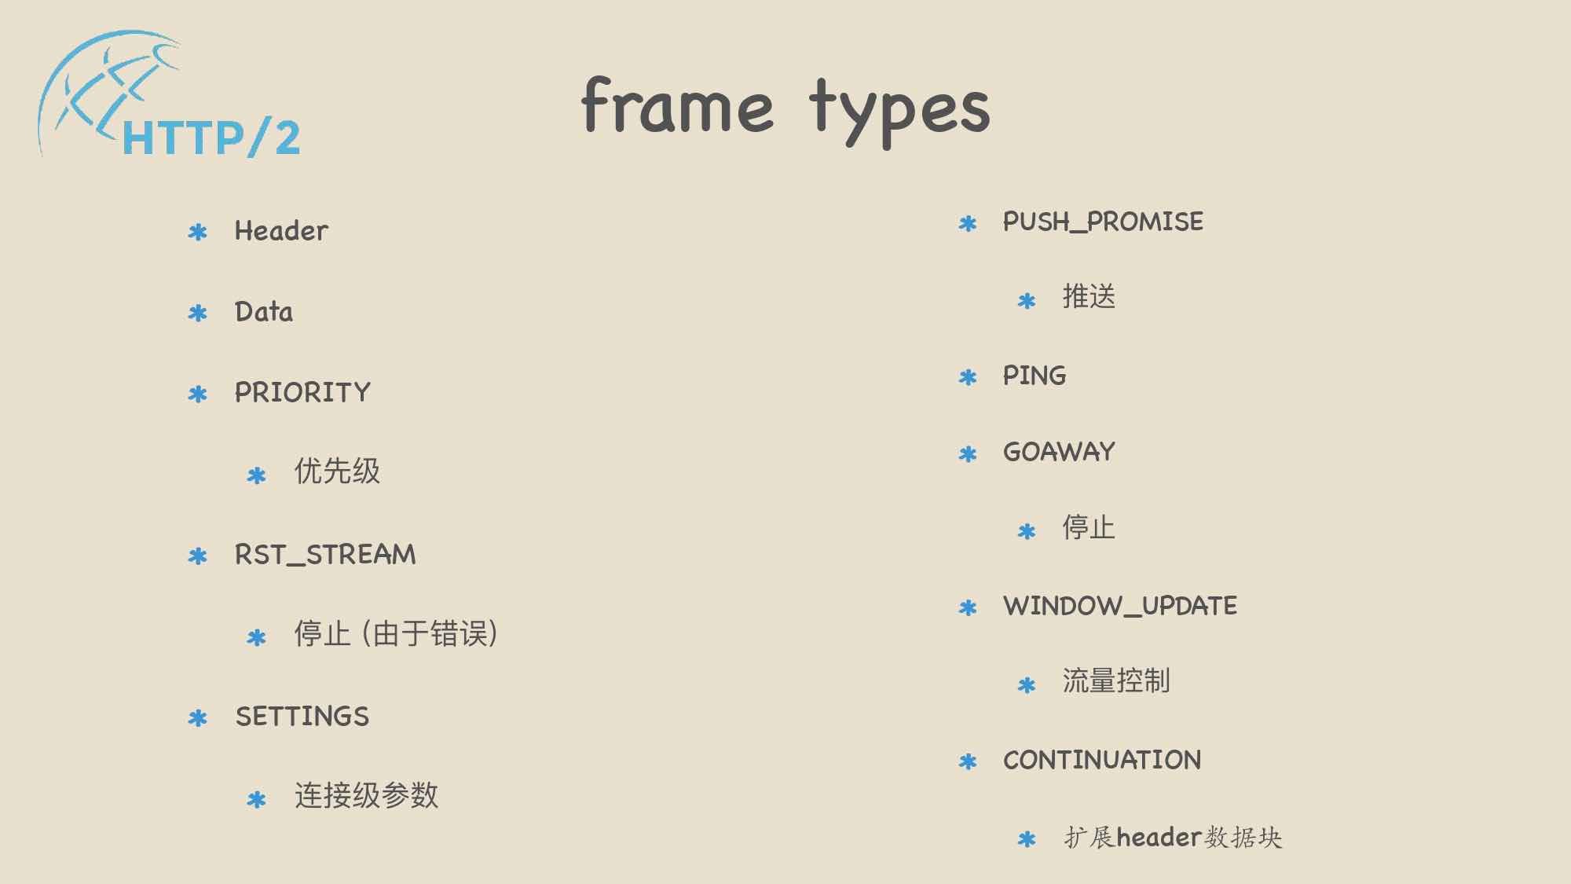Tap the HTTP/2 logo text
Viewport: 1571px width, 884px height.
coord(211,138)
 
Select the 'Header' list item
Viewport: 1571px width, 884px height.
coord(281,231)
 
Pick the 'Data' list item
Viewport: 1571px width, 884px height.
coord(264,312)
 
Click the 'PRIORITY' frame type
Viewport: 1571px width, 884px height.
coord(302,392)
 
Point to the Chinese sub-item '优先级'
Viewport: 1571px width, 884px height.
coord(337,471)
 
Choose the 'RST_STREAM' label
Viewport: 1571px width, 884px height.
coord(325,555)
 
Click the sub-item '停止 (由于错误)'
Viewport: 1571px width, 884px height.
coord(396,633)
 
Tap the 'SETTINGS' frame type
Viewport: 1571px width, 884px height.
coord(302,717)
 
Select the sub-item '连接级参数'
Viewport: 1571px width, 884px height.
coord(366,795)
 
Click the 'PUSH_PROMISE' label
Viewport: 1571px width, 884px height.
coord(1103,222)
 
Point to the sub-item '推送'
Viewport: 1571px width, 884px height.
coord(1089,296)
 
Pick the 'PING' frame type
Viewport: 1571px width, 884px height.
coord(1035,376)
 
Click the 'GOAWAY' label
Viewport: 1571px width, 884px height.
coord(1059,452)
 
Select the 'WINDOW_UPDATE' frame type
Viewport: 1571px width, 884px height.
coord(1120,606)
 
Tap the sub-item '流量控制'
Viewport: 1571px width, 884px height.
coord(1116,680)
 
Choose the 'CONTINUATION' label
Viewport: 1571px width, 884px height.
coord(1102,760)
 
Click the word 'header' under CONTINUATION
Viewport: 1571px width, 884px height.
coord(1159,838)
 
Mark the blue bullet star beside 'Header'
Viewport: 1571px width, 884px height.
coord(198,233)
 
